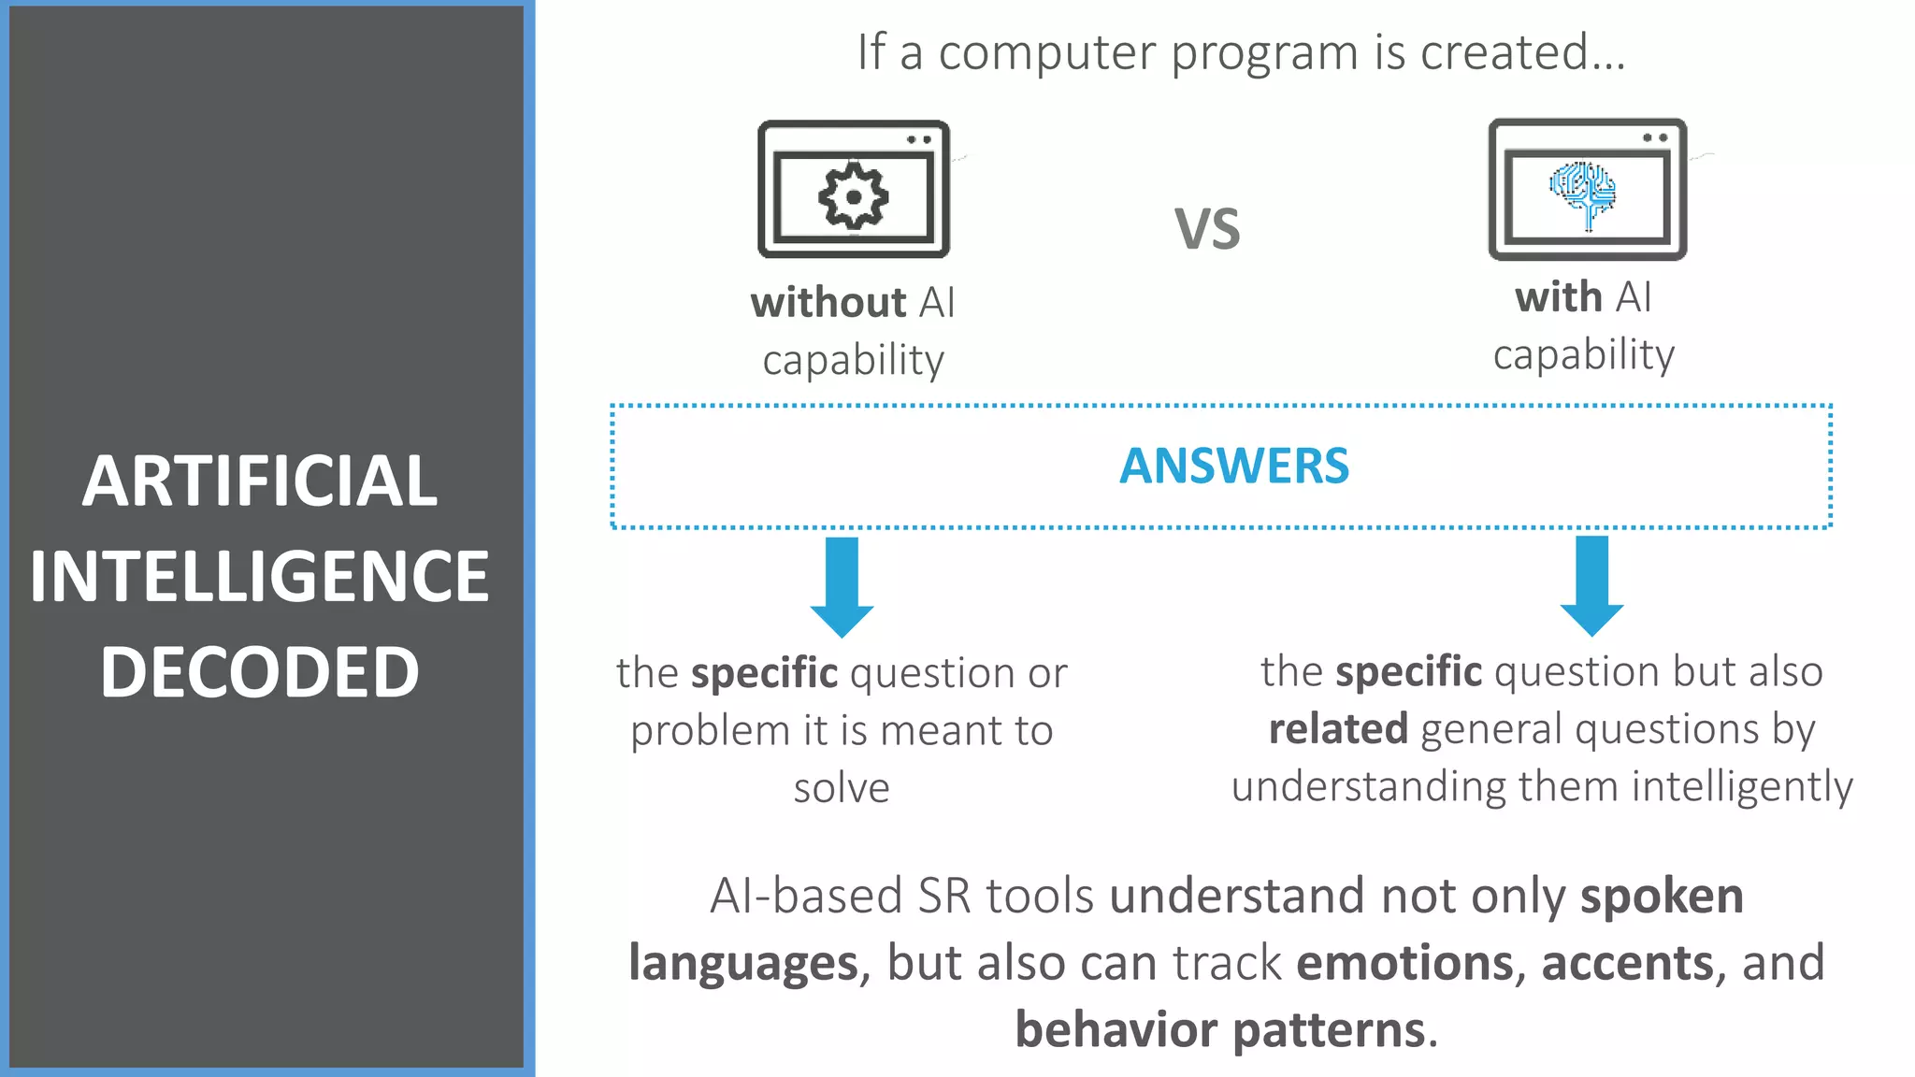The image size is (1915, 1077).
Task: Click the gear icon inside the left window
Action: click(x=853, y=196)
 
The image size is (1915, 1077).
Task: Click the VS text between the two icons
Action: click(x=1207, y=230)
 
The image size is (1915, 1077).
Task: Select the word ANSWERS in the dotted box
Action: click(x=1234, y=467)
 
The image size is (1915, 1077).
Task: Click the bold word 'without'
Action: click(x=828, y=304)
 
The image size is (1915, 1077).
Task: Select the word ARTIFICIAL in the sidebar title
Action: click(x=259, y=481)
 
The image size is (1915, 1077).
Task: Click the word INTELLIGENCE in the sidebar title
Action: click(x=259, y=577)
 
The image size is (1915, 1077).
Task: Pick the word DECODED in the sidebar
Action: click(x=259, y=672)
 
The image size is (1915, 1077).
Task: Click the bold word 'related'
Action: click(x=1338, y=729)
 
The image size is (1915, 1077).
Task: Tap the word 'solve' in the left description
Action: click(x=842, y=788)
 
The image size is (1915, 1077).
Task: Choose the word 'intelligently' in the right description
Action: click(x=1742, y=787)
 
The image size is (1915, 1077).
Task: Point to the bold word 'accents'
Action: click(x=1627, y=963)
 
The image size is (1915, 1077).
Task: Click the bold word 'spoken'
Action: click(x=1662, y=897)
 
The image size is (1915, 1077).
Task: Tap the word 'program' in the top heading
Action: click(x=1264, y=53)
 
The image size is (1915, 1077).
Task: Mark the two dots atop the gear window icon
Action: click(x=919, y=140)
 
